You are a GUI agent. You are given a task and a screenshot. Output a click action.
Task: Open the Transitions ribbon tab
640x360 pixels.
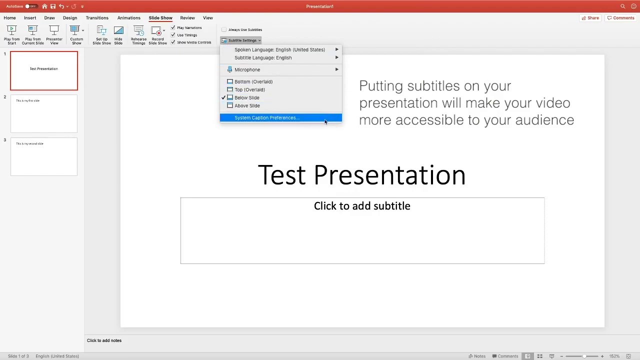pos(96,18)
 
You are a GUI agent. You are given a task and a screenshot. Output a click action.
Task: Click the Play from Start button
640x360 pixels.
pos(12,35)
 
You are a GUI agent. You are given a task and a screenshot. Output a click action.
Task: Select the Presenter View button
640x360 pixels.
pos(54,35)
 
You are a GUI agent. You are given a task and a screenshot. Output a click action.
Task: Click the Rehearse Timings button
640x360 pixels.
pos(138,35)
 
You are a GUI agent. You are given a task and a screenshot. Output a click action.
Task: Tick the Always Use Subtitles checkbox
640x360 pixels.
pos(224,30)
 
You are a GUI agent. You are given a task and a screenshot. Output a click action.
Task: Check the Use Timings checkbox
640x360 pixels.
pos(173,35)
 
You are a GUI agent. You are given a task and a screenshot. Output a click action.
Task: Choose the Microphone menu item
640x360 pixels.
pos(247,70)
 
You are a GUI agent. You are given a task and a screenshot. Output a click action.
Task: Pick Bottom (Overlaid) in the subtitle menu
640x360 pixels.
pos(253,82)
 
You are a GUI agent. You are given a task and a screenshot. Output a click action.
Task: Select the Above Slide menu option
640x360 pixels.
pos(247,106)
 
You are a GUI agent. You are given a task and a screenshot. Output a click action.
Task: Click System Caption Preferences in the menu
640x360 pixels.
pos(266,118)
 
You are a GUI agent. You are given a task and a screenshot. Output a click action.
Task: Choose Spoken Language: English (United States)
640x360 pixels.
pos(279,50)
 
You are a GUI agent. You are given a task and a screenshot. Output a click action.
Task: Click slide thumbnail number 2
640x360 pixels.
pos(44,114)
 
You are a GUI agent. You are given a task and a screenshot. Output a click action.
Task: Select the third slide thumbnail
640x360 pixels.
pos(44,157)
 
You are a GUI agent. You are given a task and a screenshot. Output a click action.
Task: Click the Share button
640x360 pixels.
pos(590,18)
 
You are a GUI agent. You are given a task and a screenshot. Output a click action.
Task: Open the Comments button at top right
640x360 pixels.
pos(620,18)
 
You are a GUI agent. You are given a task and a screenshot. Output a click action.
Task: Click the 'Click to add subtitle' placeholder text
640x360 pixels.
pos(362,206)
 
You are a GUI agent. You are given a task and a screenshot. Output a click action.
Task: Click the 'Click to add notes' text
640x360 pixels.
pos(104,340)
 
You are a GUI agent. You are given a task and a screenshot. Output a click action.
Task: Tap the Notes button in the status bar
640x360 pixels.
pos(477,356)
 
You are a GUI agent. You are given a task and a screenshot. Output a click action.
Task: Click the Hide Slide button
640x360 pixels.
pos(118,35)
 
